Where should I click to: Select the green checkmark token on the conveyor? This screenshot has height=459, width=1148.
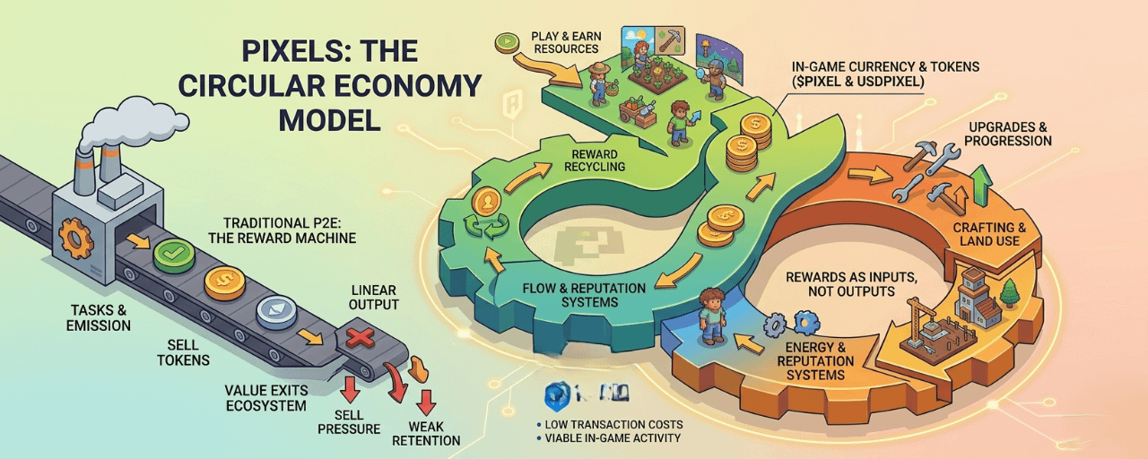pos(174,254)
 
